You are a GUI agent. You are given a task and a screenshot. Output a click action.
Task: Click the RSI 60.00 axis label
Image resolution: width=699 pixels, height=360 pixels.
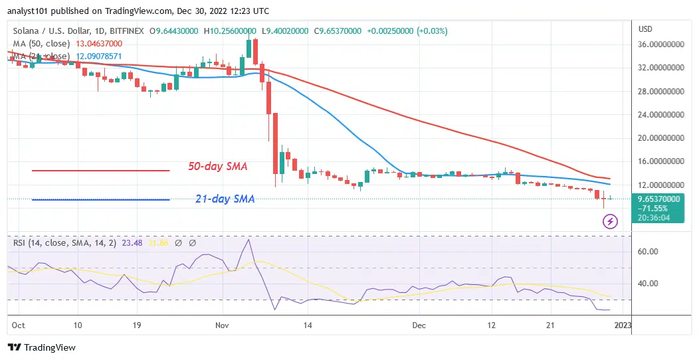coord(647,252)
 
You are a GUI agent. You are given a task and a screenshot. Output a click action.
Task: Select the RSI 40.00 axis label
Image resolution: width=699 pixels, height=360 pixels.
coord(647,284)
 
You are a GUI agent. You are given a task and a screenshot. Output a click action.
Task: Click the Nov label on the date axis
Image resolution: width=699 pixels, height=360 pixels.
coord(222,326)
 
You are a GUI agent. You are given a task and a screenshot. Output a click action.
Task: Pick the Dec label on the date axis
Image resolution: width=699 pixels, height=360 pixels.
coord(419,326)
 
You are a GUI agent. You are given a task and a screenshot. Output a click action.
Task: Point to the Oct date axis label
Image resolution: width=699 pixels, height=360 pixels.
coord(18,326)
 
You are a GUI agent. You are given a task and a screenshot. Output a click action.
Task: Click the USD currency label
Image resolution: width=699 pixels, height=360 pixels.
coord(645,29)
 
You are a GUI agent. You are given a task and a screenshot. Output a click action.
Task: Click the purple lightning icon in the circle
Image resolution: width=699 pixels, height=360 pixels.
coord(610,222)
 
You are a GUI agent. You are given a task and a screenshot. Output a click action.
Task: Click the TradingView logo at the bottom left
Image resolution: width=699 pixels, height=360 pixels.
coord(42,347)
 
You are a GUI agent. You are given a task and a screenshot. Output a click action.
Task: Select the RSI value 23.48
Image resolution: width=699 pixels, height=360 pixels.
coord(126,243)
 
